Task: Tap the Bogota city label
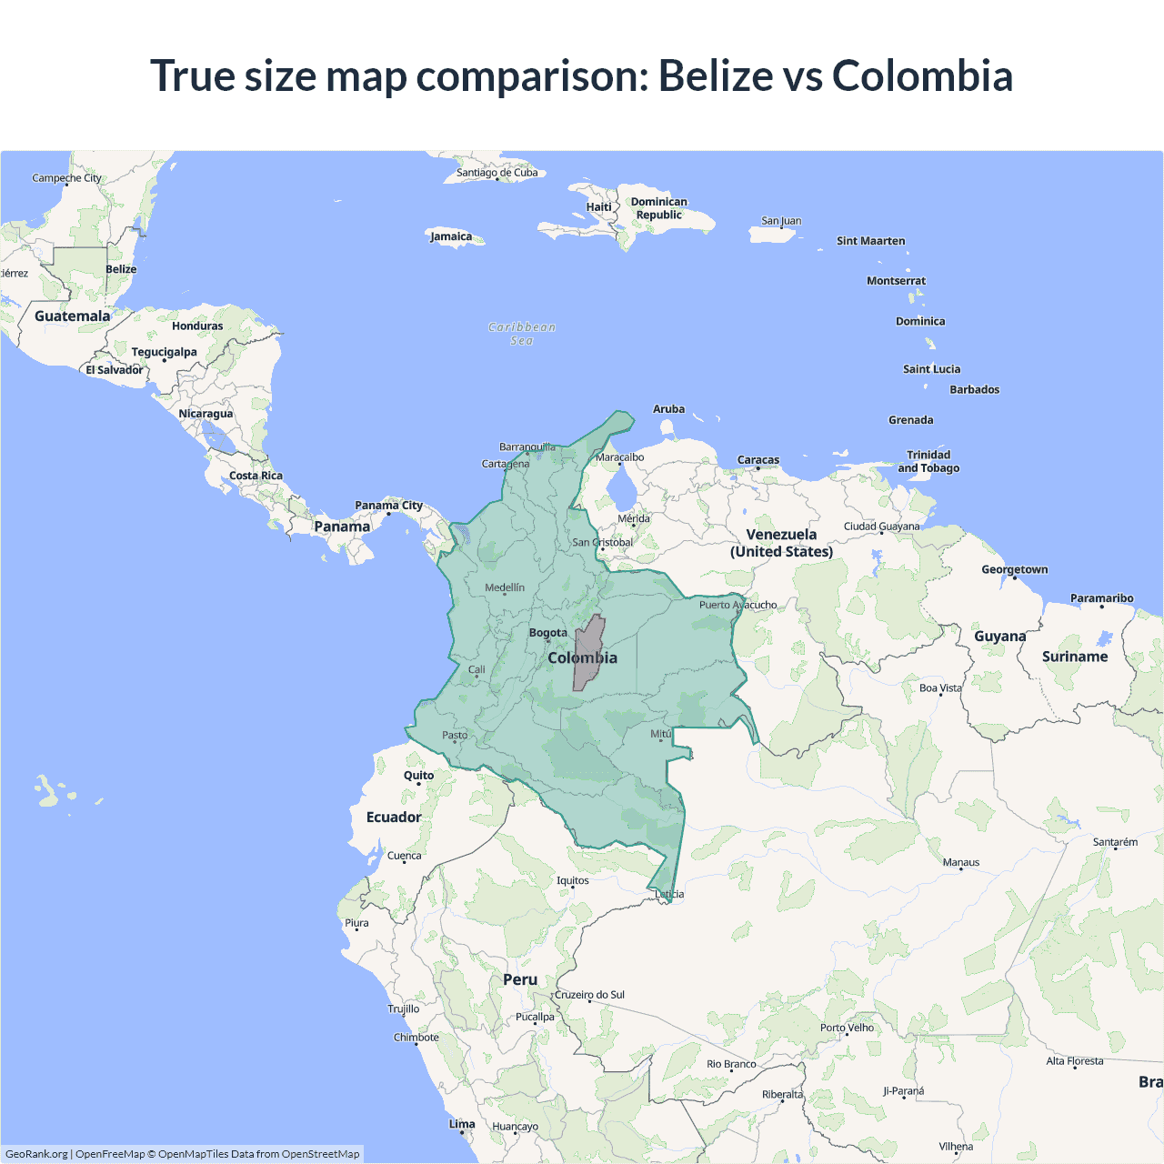(x=548, y=633)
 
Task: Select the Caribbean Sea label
(x=522, y=334)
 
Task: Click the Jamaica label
(x=451, y=236)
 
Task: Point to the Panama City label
(x=388, y=506)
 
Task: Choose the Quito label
(x=418, y=776)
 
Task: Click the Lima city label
(x=462, y=1124)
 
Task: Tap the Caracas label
(x=758, y=460)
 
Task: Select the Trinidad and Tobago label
(x=928, y=461)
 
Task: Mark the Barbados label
(x=974, y=389)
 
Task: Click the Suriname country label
(x=1075, y=657)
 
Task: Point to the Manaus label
(x=961, y=862)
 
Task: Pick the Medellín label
(x=505, y=587)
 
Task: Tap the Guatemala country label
(x=72, y=316)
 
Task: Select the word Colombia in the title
(x=922, y=75)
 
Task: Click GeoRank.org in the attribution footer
(x=36, y=1154)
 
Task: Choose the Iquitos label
(x=573, y=880)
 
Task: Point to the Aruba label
(x=668, y=409)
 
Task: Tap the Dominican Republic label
(x=659, y=208)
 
